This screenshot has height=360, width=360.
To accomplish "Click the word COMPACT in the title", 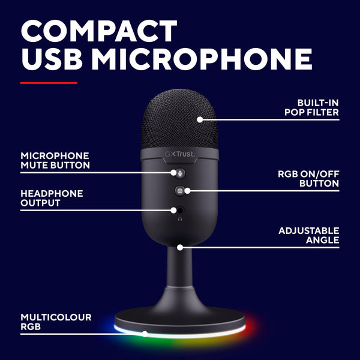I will (99, 31).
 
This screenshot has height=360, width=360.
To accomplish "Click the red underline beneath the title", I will (49, 83).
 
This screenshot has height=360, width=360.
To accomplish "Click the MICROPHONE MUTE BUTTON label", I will (55, 160).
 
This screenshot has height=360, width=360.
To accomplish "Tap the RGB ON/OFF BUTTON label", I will (308, 179).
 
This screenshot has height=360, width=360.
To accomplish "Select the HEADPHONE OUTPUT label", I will (52, 199).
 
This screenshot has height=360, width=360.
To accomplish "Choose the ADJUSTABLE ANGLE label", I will (309, 235).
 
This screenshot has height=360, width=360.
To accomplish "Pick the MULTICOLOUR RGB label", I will (56, 321).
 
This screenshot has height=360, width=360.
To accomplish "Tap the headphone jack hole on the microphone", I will (180, 211).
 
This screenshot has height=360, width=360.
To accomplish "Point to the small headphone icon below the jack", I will (180, 220).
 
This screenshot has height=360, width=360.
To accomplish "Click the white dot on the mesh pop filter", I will (200, 119).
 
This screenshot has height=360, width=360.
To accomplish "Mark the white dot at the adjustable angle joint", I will (180, 246).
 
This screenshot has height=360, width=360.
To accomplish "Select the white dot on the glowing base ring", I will (144, 334).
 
